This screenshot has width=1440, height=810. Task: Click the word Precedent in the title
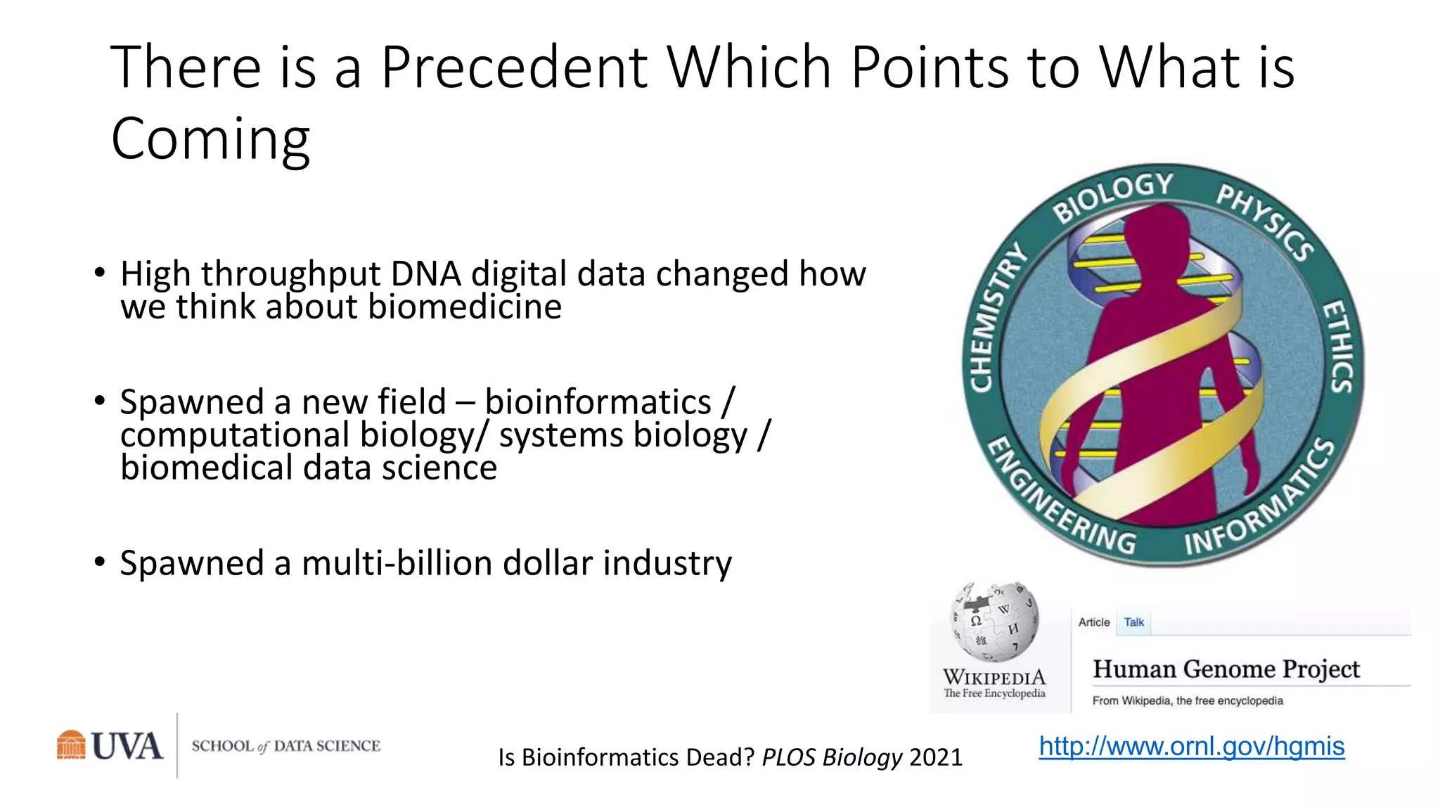(x=513, y=68)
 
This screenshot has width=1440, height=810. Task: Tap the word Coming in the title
(x=210, y=139)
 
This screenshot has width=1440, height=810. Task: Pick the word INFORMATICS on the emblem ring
(x=1259, y=500)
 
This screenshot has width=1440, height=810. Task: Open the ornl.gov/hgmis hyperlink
(x=1191, y=746)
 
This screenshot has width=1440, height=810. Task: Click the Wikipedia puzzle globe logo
(x=994, y=622)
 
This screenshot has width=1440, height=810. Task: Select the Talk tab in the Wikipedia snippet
(x=1133, y=622)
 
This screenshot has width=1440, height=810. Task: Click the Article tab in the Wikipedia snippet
(x=1093, y=622)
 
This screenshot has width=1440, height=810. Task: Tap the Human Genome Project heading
(x=1226, y=669)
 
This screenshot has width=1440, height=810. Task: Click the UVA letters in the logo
(x=127, y=746)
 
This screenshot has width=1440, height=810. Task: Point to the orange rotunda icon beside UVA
(x=71, y=745)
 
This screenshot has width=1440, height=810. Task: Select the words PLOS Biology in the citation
(x=831, y=757)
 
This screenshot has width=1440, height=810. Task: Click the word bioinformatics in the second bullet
(x=598, y=402)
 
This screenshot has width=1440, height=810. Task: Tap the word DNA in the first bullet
(x=425, y=274)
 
